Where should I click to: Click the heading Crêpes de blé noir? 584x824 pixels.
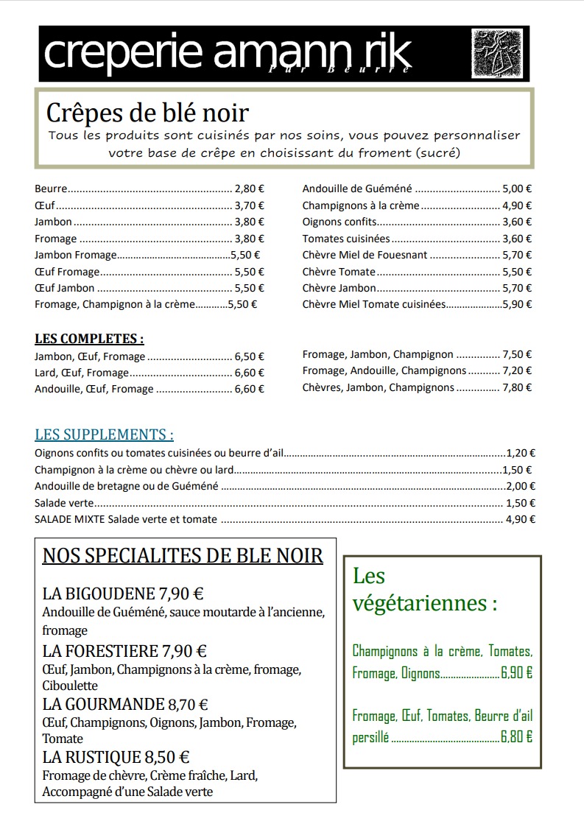pos(147,113)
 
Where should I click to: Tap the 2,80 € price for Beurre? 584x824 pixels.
pos(249,189)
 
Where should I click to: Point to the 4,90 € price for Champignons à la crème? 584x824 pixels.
pos(517,205)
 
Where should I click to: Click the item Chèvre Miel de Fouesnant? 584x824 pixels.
pos(365,255)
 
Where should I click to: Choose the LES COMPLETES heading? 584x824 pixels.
pos(89,339)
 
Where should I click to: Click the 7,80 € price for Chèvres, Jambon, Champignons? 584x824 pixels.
pos(517,387)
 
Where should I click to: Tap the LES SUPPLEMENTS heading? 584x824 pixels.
pos(104,434)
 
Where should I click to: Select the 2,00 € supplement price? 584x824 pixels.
pos(521,486)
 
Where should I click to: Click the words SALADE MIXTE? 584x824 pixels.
pos(70,519)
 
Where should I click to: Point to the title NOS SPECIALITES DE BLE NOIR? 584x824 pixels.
pos(183,555)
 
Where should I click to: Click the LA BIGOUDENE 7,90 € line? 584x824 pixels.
pos(123,594)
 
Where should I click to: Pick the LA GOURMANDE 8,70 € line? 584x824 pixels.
pos(125,704)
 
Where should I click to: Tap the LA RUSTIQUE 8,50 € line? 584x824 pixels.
pos(116,757)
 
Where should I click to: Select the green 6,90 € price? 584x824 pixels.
pos(516,672)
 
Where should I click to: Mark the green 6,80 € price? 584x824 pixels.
pos(516,736)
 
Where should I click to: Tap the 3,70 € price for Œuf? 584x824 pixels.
pos(249,205)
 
